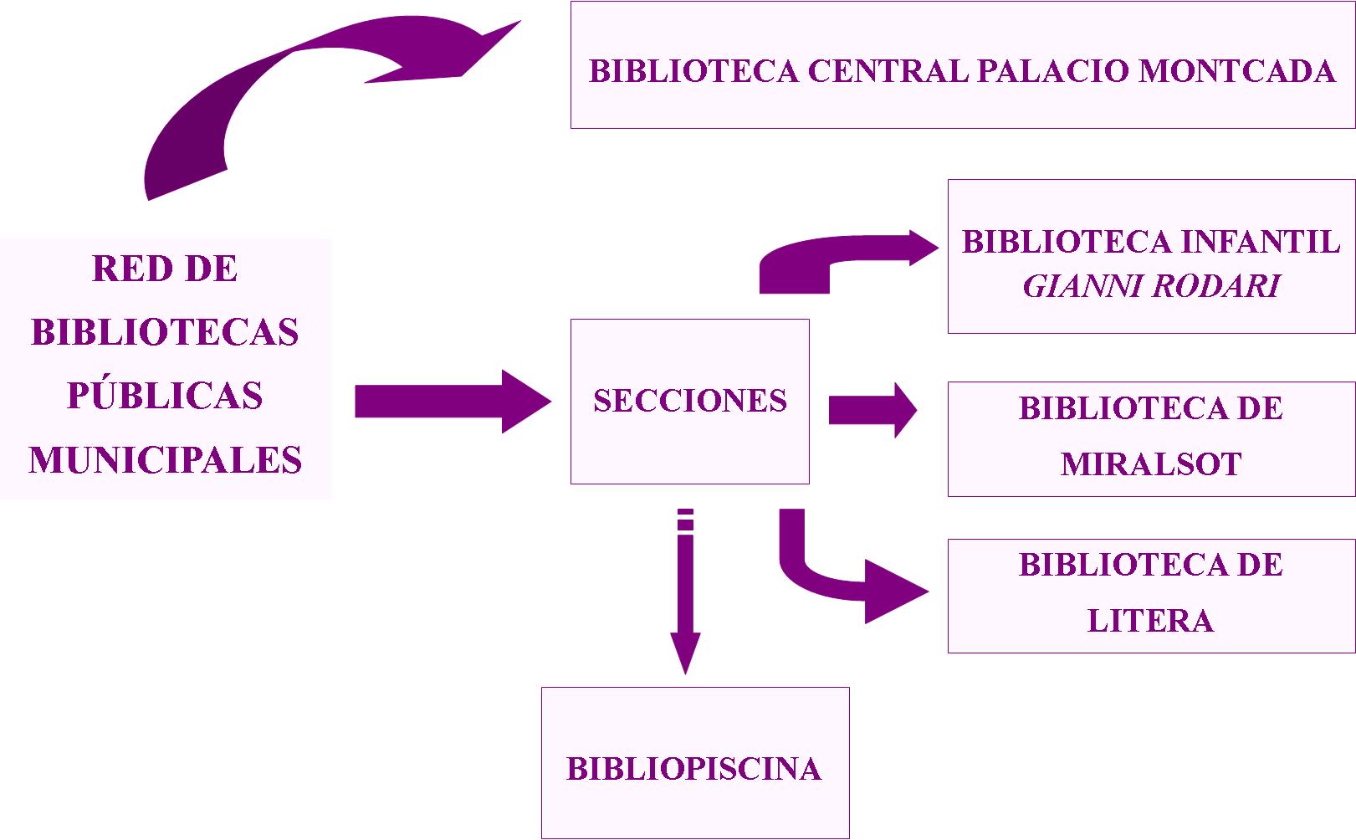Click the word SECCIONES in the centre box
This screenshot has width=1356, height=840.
690,401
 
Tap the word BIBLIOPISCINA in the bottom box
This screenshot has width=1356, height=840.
693,769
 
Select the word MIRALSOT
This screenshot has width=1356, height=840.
1151,464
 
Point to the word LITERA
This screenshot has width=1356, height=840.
1150,621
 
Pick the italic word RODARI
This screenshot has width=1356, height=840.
1217,287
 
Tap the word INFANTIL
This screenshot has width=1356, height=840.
1261,242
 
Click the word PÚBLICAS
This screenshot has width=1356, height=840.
165,396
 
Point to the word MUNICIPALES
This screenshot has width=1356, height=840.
165,460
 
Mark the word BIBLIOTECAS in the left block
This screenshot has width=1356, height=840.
165,333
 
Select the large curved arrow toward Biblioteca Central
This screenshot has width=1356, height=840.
251,92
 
